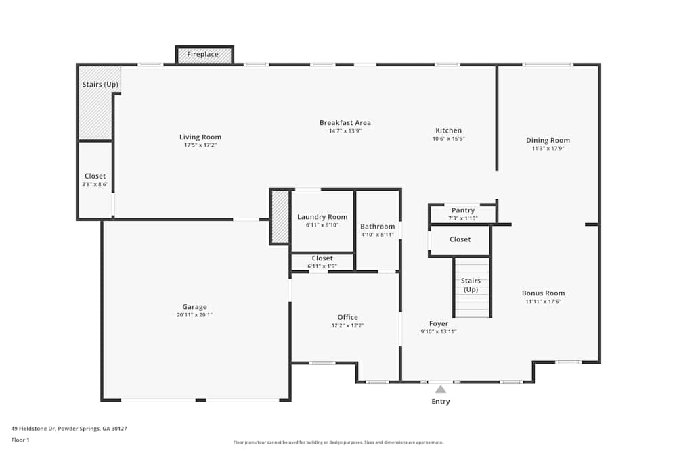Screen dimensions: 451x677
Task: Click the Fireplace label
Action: [203, 54]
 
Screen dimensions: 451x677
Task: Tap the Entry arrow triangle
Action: [441, 389]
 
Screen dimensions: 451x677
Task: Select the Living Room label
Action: [200, 137]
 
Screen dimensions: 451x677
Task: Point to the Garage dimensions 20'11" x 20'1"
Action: [194, 315]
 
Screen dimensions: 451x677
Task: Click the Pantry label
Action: [463, 210]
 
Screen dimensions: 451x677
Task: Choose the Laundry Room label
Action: [322, 217]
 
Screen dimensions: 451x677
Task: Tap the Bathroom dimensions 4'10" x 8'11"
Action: [377, 235]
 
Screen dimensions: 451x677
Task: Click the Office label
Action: [348, 317]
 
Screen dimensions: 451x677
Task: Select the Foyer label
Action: [439, 323]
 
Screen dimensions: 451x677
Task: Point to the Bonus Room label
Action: [543, 293]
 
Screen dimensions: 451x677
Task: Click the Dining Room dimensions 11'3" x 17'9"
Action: [548, 148]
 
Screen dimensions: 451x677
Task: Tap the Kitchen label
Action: [449, 130]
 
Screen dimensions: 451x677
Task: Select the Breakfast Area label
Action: [345, 122]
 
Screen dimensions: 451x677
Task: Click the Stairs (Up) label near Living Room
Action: [100, 85]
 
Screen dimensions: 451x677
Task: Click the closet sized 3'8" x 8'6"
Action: [95, 180]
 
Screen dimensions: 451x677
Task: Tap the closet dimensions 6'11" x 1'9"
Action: [322, 266]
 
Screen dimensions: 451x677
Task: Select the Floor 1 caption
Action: [20, 440]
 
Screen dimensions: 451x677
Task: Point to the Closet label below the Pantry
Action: [460, 239]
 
